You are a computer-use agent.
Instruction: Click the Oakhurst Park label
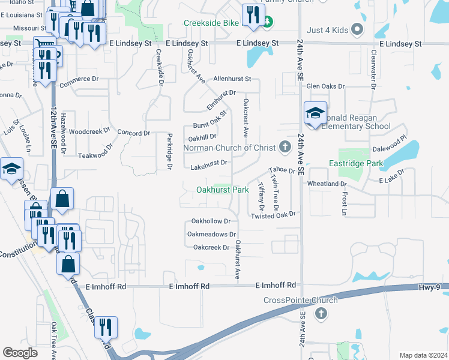[x=222, y=190]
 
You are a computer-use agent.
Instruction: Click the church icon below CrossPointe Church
[x=321, y=313]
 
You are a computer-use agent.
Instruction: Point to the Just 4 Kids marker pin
[x=357, y=28]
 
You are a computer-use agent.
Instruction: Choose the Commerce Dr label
[x=78, y=79]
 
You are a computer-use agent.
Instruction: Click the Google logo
[x=20, y=353]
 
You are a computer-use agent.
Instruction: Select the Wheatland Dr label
[x=327, y=184]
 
